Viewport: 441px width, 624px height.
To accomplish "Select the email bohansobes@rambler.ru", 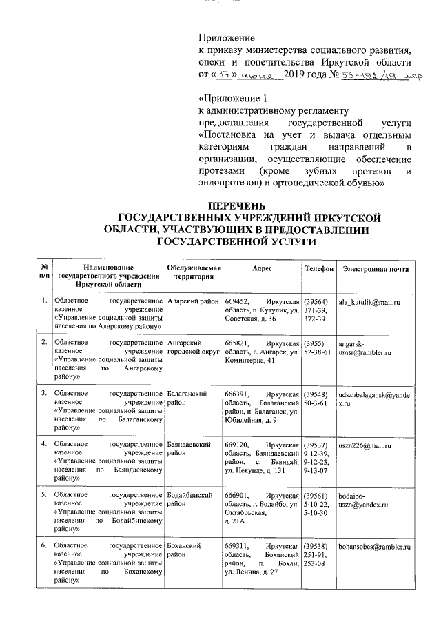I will point(374,546).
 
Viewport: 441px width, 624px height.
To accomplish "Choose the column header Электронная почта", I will point(376,268).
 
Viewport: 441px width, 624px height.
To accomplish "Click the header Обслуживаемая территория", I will point(194,272).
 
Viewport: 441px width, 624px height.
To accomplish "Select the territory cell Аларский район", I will point(193,303).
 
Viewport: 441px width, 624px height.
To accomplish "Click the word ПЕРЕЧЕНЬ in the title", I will point(236,206).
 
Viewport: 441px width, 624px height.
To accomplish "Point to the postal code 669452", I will point(239,303).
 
